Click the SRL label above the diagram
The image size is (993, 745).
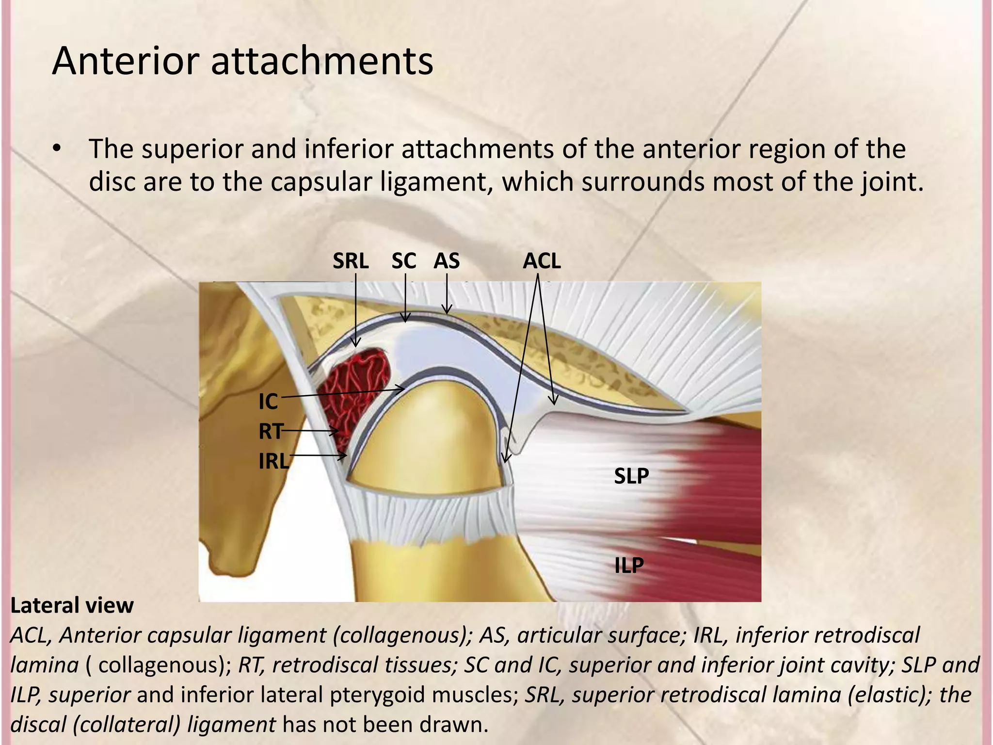tap(351, 261)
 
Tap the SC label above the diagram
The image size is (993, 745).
tap(403, 261)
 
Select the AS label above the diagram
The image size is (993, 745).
tap(446, 261)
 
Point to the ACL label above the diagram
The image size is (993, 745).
tap(542, 261)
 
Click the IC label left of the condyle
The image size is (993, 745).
tap(268, 402)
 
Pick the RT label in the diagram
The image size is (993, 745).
tap(270, 431)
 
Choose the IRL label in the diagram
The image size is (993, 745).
tap(273, 461)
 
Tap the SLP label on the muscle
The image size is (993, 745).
tap(631, 476)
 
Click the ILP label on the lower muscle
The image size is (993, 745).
tap(629, 565)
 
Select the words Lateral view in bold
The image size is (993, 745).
tap(72, 605)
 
